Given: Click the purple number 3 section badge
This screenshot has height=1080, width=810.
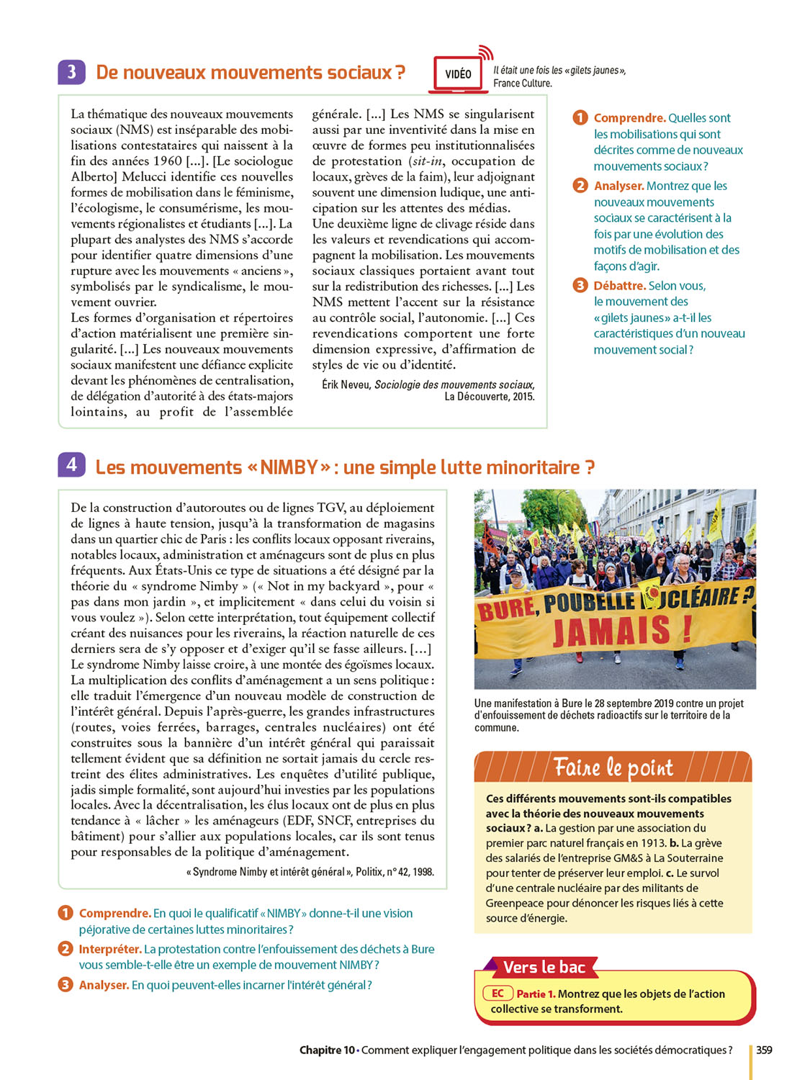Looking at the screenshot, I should tap(71, 72).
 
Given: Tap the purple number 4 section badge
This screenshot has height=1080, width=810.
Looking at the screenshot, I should tap(71, 465).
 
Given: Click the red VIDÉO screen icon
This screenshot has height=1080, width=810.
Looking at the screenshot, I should tap(458, 74).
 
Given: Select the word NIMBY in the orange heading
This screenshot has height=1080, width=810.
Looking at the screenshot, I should tap(289, 468).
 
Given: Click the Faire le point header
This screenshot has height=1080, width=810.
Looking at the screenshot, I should tap(613, 768).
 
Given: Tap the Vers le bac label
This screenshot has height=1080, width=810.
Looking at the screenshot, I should tap(544, 967).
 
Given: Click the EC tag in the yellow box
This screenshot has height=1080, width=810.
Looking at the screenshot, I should tap(498, 994).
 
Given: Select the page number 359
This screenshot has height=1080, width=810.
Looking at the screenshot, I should tap(764, 1050).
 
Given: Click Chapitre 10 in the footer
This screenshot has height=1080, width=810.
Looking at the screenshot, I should tap(327, 1050).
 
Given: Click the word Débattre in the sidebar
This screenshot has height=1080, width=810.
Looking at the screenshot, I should tap(619, 286).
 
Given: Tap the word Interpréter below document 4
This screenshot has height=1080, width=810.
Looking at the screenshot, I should tap(110, 949).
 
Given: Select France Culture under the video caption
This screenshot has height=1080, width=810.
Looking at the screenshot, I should tap(522, 84).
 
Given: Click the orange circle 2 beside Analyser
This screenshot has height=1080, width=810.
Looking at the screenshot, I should tap(580, 186).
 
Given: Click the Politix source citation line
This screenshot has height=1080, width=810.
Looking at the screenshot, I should tap(310, 872).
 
